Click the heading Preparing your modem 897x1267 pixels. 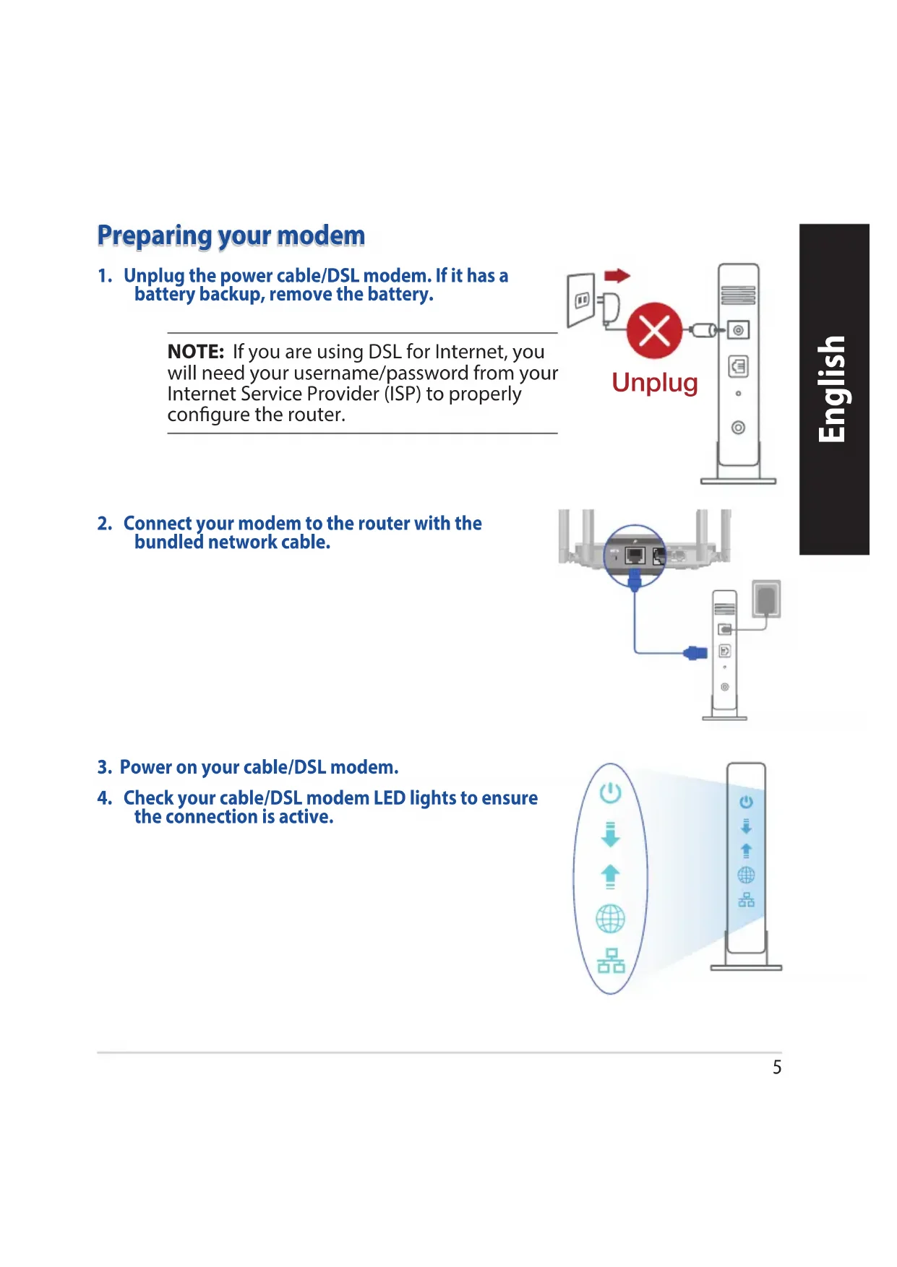pyautogui.click(x=231, y=236)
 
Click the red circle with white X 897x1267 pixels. pyautogui.click(x=654, y=331)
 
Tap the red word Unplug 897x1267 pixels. pyautogui.click(x=655, y=383)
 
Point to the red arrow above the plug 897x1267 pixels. pyautogui.click(x=617, y=275)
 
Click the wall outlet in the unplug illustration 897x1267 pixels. pyautogui.click(x=581, y=300)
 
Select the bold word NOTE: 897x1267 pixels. pyautogui.click(x=196, y=352)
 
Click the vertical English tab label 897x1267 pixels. pyautogui.click(x=833, y=389)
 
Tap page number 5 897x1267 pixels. pyautogui.click(x=777, y=1068)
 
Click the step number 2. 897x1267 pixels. pyautogui.click(x=105, y=524)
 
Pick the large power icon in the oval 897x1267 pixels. pyautogui.click(x=611, y=792)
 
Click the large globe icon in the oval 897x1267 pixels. pyautogui.click(x=610, y=919)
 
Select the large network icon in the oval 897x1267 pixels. pyautogui.click(x=611, y=961)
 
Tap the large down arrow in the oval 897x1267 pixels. pyautogui.click(x=611, y=834)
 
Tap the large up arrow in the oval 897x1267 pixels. pyautogui.click(x=611, y=876)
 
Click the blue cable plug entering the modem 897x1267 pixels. pyautogui.click(x=695, y=653)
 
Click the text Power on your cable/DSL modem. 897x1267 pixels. pyautogui.click(x=259, y=767)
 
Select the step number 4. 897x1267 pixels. pyautogui.click(x=105, y=798)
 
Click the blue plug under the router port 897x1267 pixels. pyautogui.click(x=635, y=579)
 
